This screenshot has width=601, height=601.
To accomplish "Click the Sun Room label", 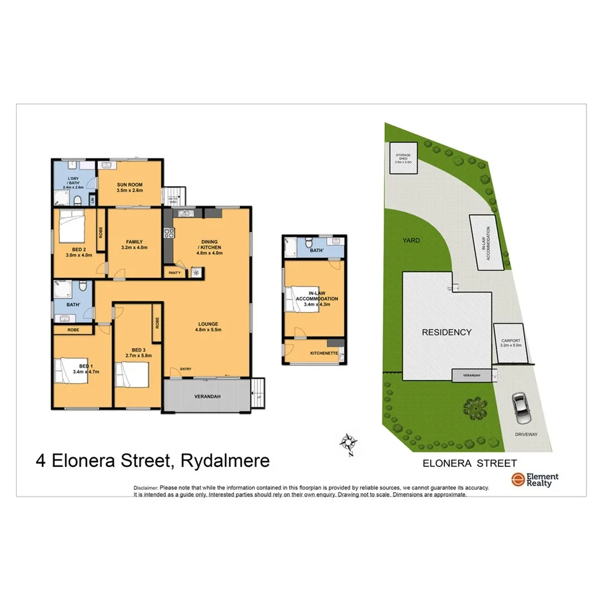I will click(x=130, y=188).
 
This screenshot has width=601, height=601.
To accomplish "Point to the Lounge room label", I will click(x=208, y=327).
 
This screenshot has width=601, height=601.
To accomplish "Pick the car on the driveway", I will click(x=520, y=408).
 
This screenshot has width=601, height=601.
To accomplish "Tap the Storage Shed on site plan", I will click(x=403, y=159).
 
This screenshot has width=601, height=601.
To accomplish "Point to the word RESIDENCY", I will click(x=447, y=333).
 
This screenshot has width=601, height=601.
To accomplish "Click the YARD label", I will click(x=411, y=241).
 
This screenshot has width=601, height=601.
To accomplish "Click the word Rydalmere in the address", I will click(x=225, y=461).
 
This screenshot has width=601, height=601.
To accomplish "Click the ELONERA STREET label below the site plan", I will click(x=469, y=462).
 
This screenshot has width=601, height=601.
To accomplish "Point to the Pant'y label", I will click(x=174, y=273).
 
